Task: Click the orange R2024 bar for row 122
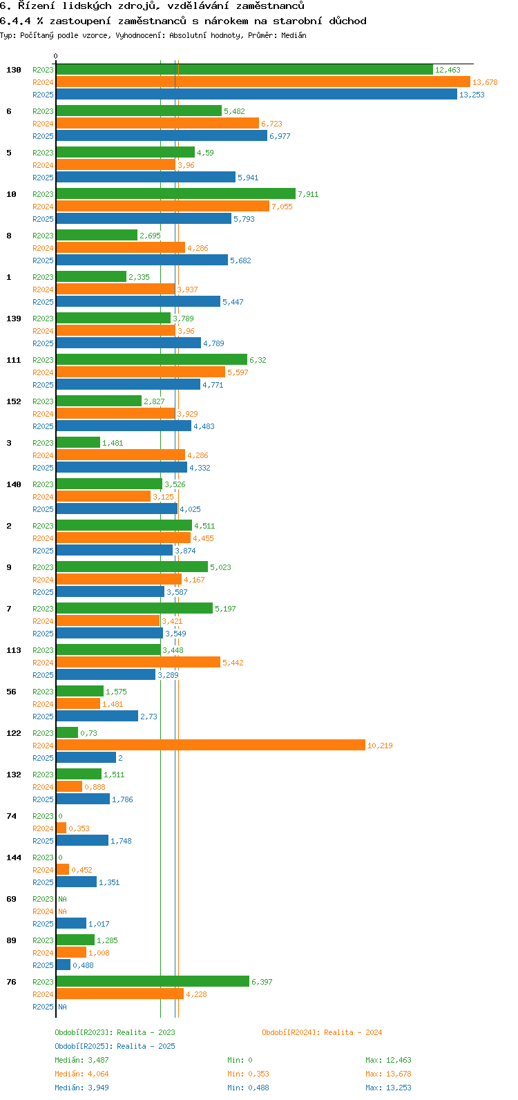211,745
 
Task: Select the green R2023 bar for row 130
244,69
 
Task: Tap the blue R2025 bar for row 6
162,136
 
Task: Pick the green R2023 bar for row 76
153,981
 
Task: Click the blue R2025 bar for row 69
71,923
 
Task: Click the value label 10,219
380,746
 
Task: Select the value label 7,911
308,194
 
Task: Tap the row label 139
14,319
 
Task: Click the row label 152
14,401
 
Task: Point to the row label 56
11,692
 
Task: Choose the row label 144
14,857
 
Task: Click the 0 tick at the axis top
56,56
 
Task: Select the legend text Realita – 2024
353,1032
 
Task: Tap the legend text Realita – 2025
146,1046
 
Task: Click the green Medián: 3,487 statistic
81,1060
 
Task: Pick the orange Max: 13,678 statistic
388,1074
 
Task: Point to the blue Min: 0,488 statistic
248,1088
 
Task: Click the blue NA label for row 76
62,1007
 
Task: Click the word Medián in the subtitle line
294,35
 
